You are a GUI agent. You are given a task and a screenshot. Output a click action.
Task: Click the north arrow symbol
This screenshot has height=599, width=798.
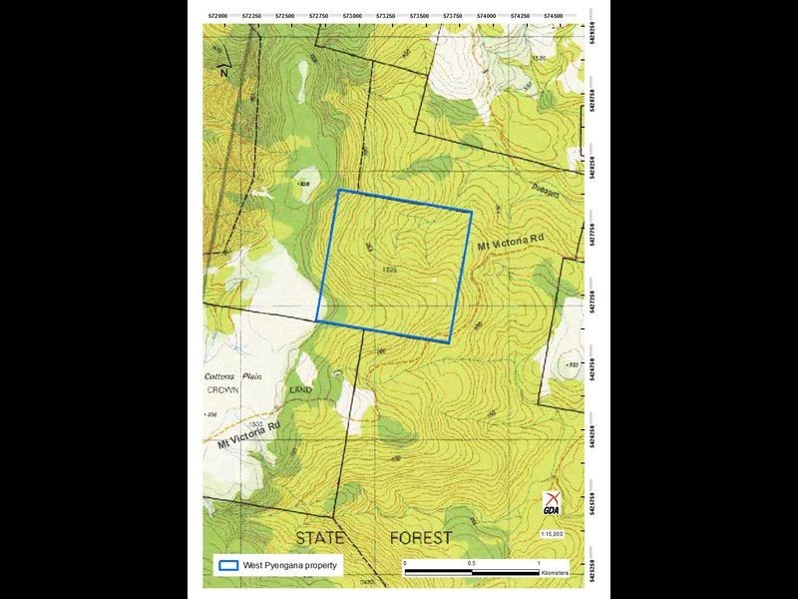click(224, 69)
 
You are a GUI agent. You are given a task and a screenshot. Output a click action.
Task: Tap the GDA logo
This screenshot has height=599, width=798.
click(552, 504)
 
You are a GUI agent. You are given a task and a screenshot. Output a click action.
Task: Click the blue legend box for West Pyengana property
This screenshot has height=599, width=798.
click(228, 564)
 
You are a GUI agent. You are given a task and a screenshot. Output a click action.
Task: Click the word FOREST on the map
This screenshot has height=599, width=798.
click(420, 537)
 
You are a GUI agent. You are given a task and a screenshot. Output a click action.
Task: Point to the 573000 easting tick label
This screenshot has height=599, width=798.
click(352, 16)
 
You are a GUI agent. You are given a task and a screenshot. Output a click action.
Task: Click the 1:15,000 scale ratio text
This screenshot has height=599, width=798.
click(552, 534)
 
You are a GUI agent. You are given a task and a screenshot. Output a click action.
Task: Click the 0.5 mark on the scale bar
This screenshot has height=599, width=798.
click(472, 563)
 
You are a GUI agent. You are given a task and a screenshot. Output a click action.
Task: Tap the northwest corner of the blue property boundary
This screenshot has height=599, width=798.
click(339, 190)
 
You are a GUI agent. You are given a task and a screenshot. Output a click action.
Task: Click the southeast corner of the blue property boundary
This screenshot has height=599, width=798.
click(449, 342)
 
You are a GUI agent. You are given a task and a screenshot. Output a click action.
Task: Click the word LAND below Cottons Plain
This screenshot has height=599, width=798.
click(300, 389)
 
